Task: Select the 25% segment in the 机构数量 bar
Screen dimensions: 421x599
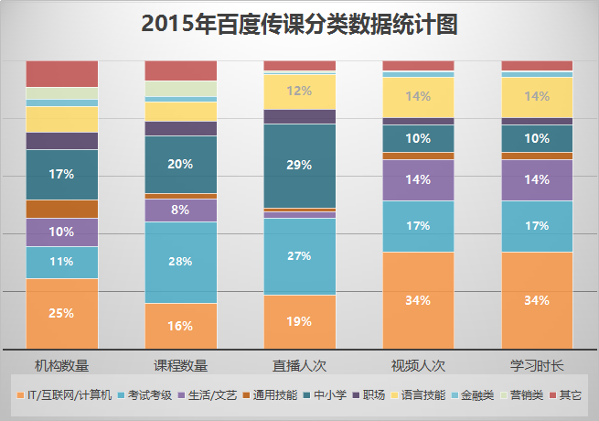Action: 61,313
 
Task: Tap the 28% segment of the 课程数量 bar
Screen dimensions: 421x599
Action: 180,262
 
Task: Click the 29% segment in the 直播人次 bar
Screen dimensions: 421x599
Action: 299,166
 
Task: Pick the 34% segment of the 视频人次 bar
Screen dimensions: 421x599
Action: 418,300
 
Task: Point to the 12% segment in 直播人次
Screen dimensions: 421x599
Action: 299,91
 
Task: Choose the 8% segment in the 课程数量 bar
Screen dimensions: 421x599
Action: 180,210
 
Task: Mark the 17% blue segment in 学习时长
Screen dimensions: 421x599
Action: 537,226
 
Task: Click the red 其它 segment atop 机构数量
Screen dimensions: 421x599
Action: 61,73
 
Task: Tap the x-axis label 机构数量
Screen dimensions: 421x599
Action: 61,366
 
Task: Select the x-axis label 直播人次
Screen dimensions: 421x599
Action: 299,366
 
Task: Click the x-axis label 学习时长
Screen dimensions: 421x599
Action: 537,366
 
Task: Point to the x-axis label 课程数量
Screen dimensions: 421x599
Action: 180,366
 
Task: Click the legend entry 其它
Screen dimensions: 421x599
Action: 570,395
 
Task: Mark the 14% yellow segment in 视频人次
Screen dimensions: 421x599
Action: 418,96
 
